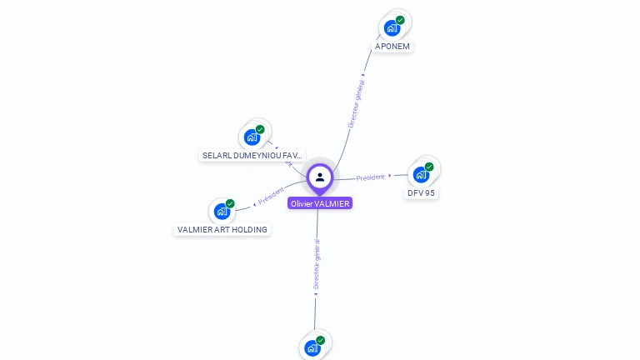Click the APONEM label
(x=392, y=47)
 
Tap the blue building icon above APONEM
(x=392, y=28)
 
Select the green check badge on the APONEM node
(x=400, y=20)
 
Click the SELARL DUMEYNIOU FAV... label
(x=252, y=156)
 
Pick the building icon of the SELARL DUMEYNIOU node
(x=252, y=137)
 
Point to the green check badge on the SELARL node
(x=260, y=129)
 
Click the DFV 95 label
(x=421, y=193)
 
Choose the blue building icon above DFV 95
(x=421, y=175)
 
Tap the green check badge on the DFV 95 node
(x=429, y=167)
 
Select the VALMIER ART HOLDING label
(x=222, y=229)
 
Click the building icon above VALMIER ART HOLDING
(x=222, y=211)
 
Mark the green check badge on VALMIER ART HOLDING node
(x=230, y=203)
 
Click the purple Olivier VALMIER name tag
(x=320, y=203)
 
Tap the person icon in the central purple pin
(x=320, y=177)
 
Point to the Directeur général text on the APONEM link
(x=356, y=103)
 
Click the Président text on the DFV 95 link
(x=371, y=177)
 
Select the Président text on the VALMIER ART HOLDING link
(x=271, y=197)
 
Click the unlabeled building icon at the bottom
(x=312, y=348)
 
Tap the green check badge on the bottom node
(x=320, y=340)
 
